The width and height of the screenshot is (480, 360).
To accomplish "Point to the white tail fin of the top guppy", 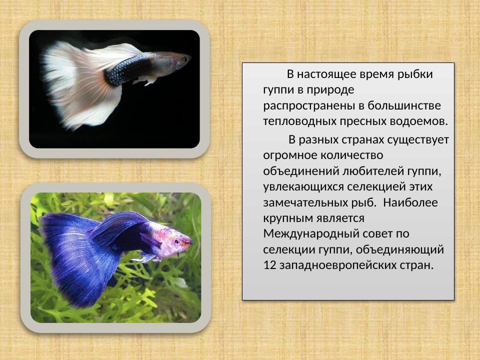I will [75, 85].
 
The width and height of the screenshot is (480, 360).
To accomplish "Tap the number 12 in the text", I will [269, 265].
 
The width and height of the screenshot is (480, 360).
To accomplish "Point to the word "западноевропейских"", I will [334, 265].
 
